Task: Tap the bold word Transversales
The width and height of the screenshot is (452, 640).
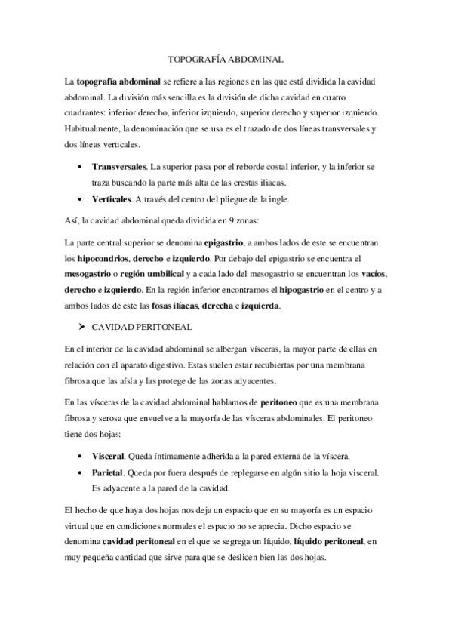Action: click(x=120, y=165)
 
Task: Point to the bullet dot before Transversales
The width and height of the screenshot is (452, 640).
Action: click(x=81, y=165)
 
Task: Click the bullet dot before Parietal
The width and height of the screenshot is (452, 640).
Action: click(x=81, y=473)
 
